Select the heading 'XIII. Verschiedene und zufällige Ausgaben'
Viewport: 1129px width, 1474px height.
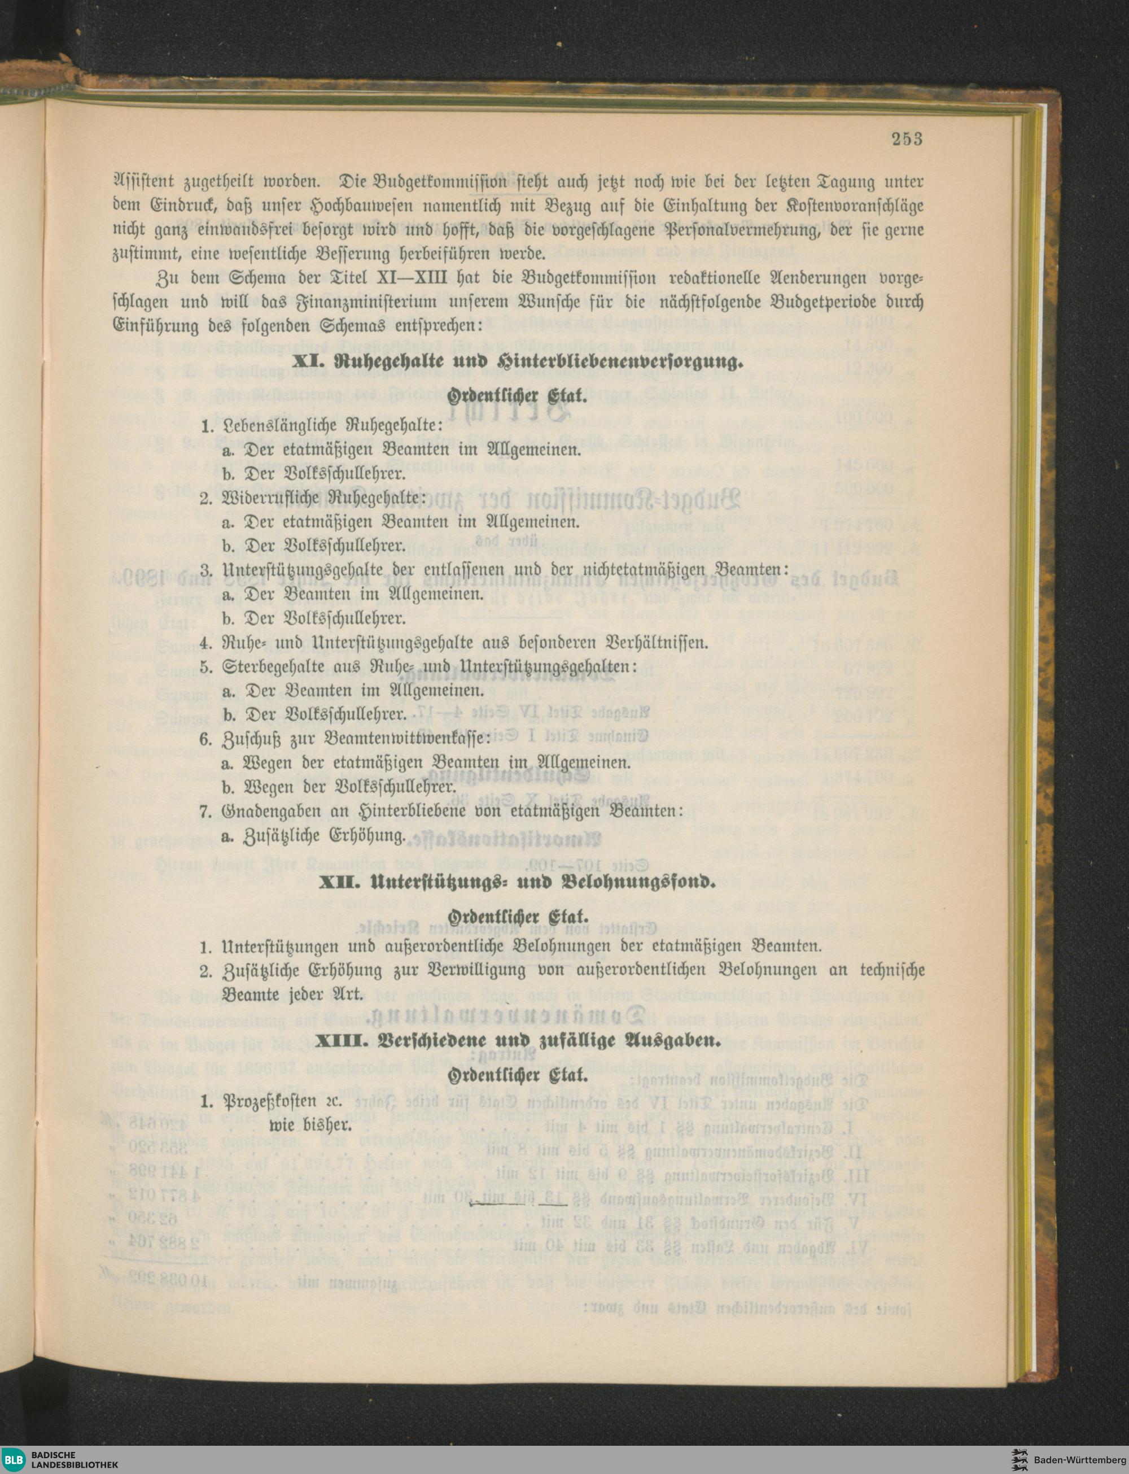tap(518, 1042)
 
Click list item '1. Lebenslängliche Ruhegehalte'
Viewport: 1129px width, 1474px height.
tap(321, 425)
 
